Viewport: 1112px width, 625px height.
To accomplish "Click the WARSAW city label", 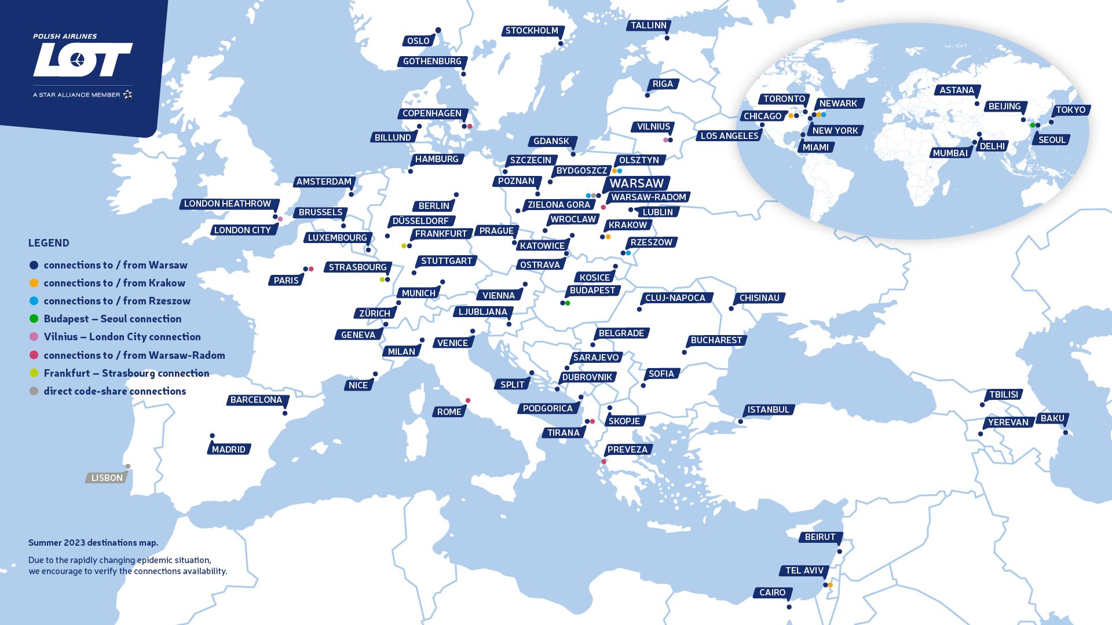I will tap(636, 183).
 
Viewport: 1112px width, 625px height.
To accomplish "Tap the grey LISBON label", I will tap(107, 478).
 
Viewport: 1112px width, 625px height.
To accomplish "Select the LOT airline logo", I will tap(83, 59).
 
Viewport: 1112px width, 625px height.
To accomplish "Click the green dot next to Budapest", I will tap(568, 303).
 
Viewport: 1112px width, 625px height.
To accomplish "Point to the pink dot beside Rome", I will tap(468, 400).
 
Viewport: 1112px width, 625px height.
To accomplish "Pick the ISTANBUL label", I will tap(768, 410).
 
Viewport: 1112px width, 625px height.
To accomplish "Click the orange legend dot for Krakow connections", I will tap(34, 283).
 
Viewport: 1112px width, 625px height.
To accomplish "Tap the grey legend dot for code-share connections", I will tap(34, 391).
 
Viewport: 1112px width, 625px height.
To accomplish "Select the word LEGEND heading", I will tap(49, 243).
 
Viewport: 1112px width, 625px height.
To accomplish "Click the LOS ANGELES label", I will tap(729, 136).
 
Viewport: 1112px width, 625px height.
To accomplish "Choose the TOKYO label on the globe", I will tap(1070, 110).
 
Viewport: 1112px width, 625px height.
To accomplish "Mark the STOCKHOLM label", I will tap(532, 31).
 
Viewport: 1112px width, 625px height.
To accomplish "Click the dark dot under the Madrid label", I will tap(212, 436).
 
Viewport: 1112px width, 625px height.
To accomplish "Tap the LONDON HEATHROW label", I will tap(228, 204).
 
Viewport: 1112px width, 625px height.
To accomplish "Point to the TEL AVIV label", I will tap(804, 571).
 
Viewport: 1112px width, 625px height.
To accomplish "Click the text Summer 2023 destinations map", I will tap(93, 543).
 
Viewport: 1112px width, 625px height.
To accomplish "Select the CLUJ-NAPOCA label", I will tap(675, 298).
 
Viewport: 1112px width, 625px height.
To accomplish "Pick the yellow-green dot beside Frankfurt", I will tap(404, 246).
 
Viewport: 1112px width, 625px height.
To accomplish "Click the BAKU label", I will tap(1052, 418).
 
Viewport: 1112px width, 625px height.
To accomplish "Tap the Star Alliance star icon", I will tap(128, 94).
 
